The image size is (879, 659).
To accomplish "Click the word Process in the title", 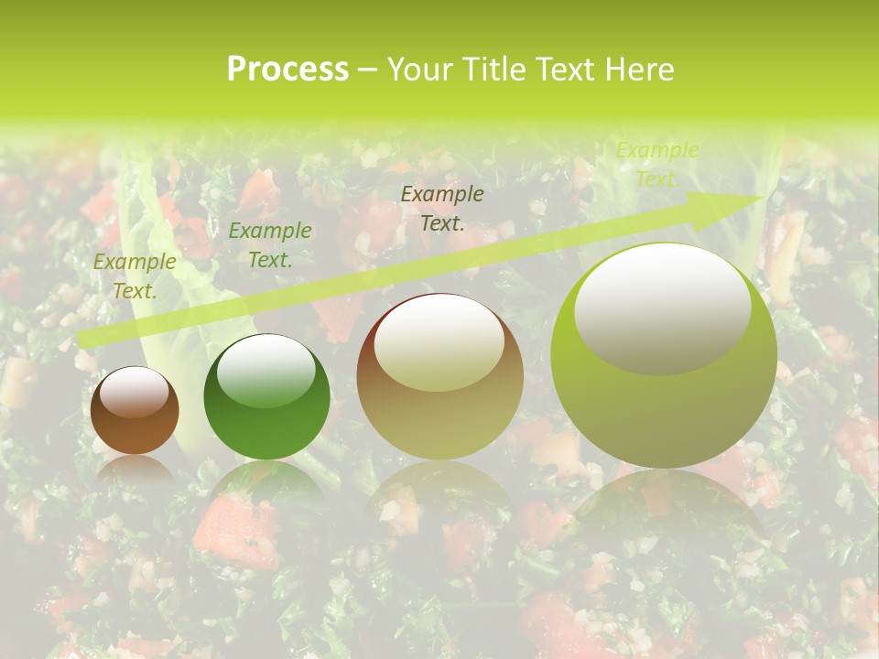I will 288,70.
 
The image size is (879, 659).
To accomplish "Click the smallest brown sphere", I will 135,410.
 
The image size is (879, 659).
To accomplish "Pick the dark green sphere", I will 266,396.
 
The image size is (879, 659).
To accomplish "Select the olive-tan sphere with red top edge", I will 440,376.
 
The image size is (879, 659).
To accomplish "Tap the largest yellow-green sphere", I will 664,355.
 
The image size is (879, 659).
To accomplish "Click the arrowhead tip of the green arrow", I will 759,199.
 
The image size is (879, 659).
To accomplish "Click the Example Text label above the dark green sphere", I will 270,245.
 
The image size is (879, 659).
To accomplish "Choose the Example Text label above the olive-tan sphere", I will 442,209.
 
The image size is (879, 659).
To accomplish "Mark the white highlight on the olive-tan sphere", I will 439,343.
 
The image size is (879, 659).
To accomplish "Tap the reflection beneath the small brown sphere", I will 135,469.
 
